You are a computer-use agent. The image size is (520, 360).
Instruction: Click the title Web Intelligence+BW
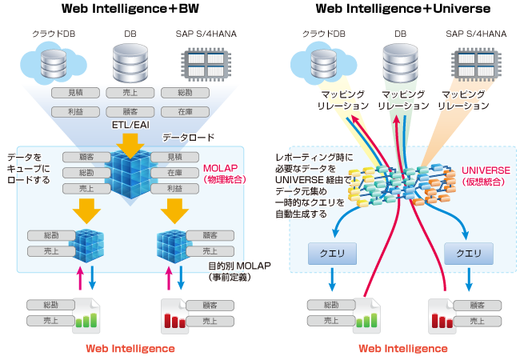click(x=130, y=10)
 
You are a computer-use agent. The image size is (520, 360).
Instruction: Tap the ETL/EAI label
click(x=130, y=126)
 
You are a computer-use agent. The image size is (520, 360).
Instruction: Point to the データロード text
click(x=186, y=138)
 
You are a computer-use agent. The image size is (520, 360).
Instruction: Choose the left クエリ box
click(x=331, y=253)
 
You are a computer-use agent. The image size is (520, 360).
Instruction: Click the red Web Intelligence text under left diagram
click(x=130, y=348)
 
